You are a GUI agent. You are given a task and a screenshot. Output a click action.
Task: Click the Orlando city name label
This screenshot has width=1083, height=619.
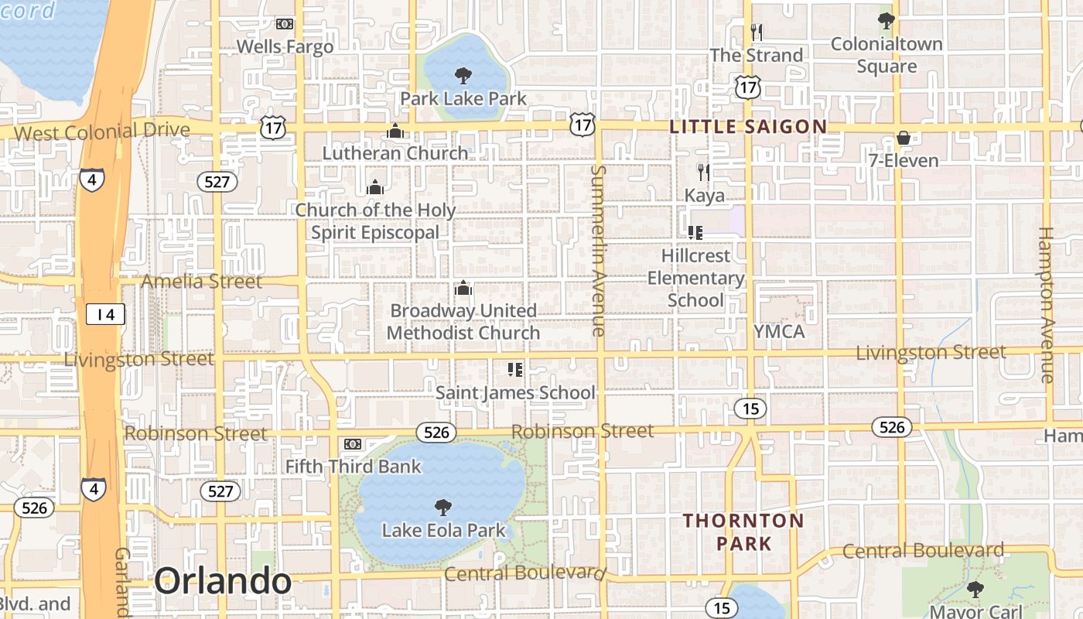coord(223,581)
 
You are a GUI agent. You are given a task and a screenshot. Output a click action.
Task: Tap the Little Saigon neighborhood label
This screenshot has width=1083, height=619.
coord(748,127)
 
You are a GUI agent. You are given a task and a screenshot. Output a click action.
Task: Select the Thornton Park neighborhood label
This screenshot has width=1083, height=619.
coord(743,532)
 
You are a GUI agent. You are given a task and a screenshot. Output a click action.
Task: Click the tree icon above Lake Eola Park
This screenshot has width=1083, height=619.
coord(443,508)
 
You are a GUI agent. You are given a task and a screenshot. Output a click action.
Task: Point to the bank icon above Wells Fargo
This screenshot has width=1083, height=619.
coord(285,24)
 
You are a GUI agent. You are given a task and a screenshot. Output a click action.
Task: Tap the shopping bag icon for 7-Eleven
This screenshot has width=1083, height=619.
coord(903,138)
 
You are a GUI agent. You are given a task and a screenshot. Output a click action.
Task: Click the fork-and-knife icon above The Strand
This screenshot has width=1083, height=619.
coord(757,32)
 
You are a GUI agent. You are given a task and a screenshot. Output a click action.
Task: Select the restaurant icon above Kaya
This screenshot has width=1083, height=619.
coord(703,172)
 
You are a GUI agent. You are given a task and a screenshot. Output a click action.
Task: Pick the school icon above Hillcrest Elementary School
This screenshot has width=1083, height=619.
coord(695,232)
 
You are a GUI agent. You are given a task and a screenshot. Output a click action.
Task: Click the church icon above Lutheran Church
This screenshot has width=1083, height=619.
coord(395,131)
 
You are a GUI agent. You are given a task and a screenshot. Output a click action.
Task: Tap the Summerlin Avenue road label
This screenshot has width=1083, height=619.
coord(598,250)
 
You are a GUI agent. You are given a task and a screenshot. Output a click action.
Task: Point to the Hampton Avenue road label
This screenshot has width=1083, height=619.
coord(1046,304)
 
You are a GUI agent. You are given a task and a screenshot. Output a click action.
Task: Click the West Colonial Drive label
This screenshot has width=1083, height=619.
coord(101,132)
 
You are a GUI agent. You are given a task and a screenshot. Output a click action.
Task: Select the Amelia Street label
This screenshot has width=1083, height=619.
coord(202,282)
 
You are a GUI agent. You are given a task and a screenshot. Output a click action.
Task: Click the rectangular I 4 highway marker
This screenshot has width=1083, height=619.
coord(104,314)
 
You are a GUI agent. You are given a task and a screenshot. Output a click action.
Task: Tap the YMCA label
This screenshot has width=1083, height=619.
coord(779,332)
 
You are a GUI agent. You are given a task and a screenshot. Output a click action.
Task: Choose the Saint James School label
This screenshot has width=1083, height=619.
coord(515,393)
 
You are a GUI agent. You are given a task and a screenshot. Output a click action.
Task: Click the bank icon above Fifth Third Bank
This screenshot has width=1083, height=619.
coord(352,444)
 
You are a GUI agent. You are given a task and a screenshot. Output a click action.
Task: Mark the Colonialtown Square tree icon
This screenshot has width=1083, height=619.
coord(887,21)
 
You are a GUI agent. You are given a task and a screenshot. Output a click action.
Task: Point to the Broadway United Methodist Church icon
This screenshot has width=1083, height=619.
coord(463,289)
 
